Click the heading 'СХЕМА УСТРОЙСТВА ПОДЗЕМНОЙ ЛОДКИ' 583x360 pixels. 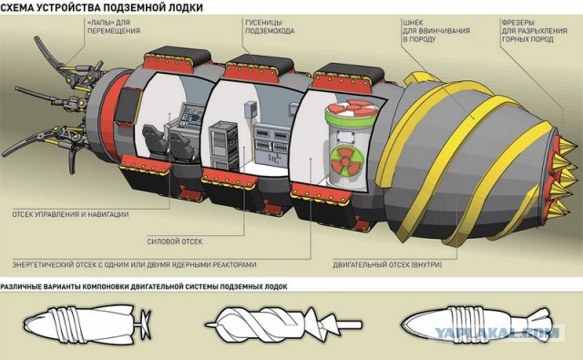[101, 7]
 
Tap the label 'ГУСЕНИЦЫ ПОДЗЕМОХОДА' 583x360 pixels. [270, 26]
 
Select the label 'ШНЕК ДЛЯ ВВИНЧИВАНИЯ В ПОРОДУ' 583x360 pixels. [436, 30]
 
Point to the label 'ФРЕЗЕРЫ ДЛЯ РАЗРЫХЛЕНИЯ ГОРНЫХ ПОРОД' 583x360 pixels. [535, 30]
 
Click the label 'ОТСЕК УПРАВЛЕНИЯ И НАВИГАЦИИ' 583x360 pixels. [70, 214]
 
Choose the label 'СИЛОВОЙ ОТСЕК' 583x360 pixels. [175, 242]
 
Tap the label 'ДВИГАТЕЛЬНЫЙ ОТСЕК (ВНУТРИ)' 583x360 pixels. [387, 265]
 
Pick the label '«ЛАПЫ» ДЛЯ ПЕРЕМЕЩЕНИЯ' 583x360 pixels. [113, 26]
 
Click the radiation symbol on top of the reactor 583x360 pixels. [351, 108]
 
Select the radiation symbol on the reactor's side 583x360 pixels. [346, 160]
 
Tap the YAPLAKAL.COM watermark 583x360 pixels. [496, 333]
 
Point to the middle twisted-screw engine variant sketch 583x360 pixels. [282, 324]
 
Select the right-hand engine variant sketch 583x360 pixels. [476, 323]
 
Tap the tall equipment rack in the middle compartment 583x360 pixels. [222, 146]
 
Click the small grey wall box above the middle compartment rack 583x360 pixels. [251, 110]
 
